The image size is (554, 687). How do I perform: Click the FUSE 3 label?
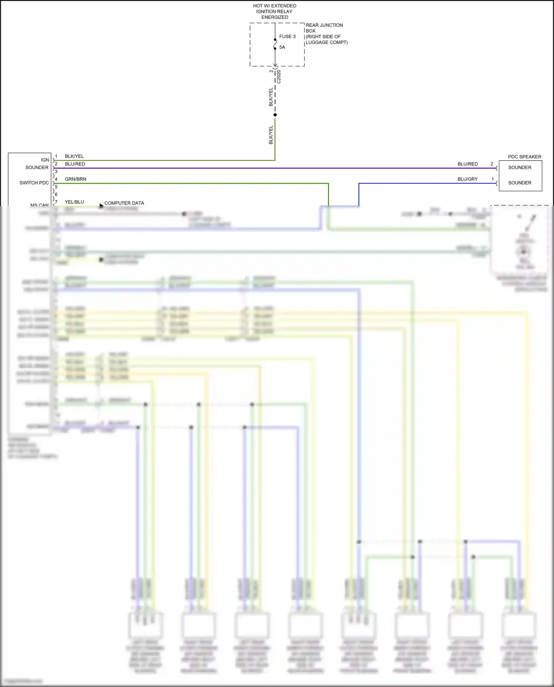pyautogui.click(x=287, y=37)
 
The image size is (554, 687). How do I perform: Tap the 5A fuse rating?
pyautogui.click(x=282, y=47)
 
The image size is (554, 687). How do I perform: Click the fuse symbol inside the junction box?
pyautogui.click(x=275, y=44)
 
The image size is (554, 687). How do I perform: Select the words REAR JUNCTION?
pyautogui.click(x=324, y=25)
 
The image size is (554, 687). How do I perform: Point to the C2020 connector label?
pyautogui.click(x=279, y=77)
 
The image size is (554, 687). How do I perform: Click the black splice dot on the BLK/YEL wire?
pyautogui.click(x=275, y=115)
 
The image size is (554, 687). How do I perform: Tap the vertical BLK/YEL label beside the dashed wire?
pyautogui.click(x=271, y=97)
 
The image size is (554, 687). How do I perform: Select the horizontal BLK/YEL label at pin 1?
pyautogui.click(x=74, y=156)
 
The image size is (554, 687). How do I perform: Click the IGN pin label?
pyautogui.click(x=45, y=160)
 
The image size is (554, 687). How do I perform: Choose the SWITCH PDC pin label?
pyautogui.click(x=34, y=183)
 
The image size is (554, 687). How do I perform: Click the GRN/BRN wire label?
pyautogui.click(x=75, y=179)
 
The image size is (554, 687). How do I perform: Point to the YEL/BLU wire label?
pyautogui.click(x=74, y=202)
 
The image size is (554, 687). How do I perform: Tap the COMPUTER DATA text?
pyautogui.click(x=124, y=203)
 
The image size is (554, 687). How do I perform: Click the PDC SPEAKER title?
pyautogui.click(x=524, y=157)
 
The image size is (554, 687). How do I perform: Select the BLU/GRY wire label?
pyautogui.click(x=468, y=179)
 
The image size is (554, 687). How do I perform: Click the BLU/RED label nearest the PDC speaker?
pyautogui.click(x=468, y=164)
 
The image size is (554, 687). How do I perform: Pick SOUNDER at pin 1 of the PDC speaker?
pyautogui.click(x=520, y=183)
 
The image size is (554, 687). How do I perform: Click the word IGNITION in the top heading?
pyautogui.click(x=266, y=11)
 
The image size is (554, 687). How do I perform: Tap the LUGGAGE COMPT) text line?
pyautogui.click(x=326, y=42)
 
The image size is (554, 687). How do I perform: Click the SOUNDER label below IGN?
pyautogui.click(x=37, y=168)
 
